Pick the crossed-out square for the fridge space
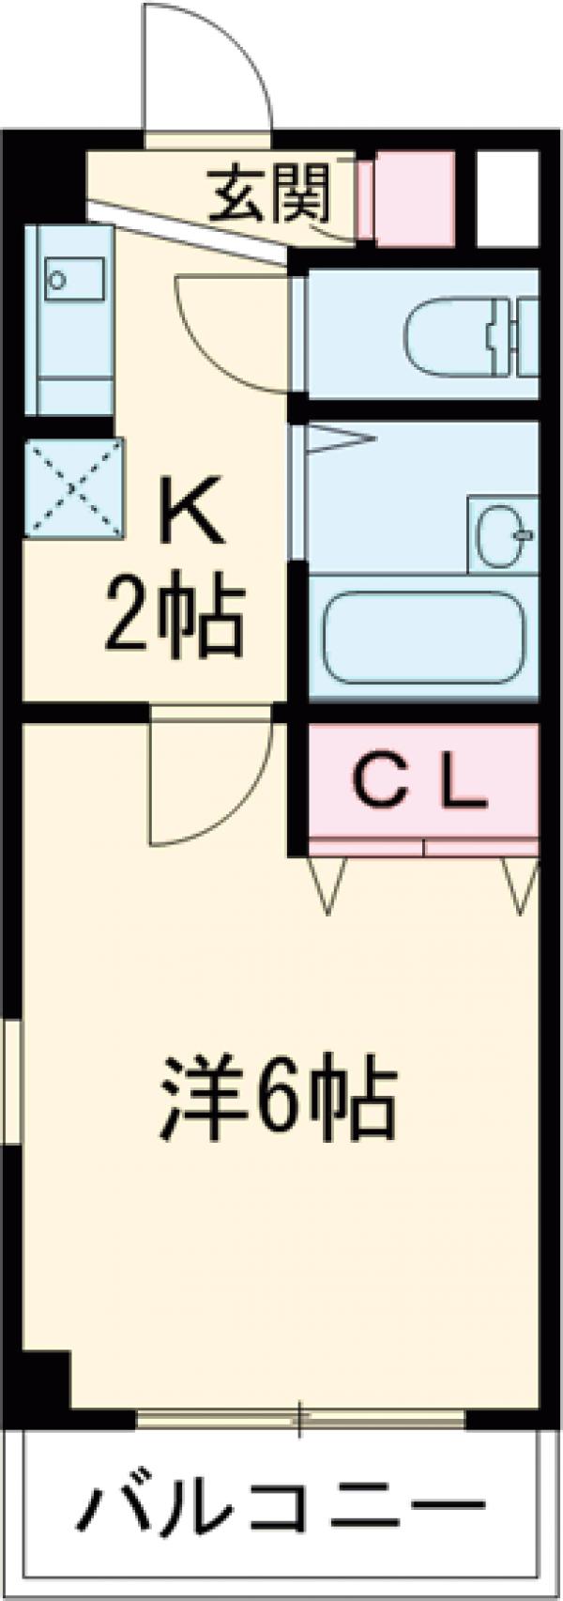pos(73,488)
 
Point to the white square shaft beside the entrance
pos(507,196)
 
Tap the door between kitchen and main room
pos(208,779)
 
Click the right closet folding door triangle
pos(519,884)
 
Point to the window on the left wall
pos(10,1081)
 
